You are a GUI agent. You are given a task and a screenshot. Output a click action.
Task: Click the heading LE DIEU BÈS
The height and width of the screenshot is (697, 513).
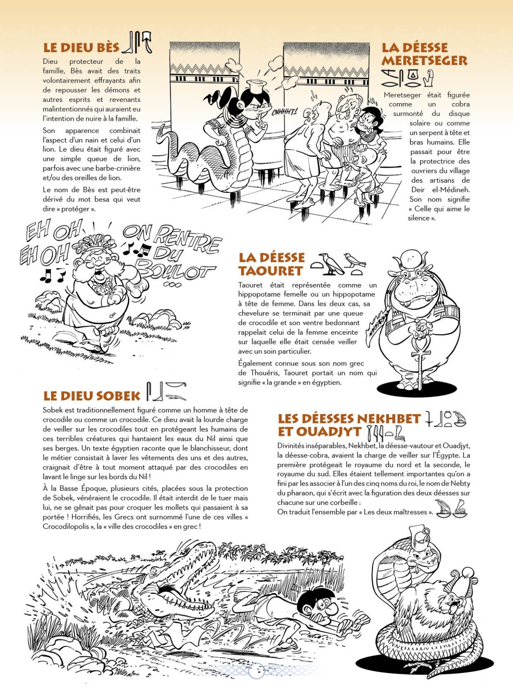[81, 47]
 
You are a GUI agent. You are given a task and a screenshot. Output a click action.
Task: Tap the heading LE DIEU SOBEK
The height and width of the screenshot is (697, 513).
[91, 396]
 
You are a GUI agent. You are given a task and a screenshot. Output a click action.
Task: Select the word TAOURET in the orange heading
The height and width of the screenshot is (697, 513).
[271, 271]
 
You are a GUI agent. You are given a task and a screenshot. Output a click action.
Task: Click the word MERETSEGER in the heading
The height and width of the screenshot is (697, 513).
[424, 61]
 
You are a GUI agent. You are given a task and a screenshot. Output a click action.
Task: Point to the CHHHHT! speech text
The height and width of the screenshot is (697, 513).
[284, 112]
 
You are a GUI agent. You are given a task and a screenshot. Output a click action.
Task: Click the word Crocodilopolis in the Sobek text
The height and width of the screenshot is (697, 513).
[67, 526]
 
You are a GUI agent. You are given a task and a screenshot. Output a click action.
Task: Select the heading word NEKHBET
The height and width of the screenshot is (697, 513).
[389, 418]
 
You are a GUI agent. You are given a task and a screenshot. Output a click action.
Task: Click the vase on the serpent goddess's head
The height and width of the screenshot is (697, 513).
[257, 88]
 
